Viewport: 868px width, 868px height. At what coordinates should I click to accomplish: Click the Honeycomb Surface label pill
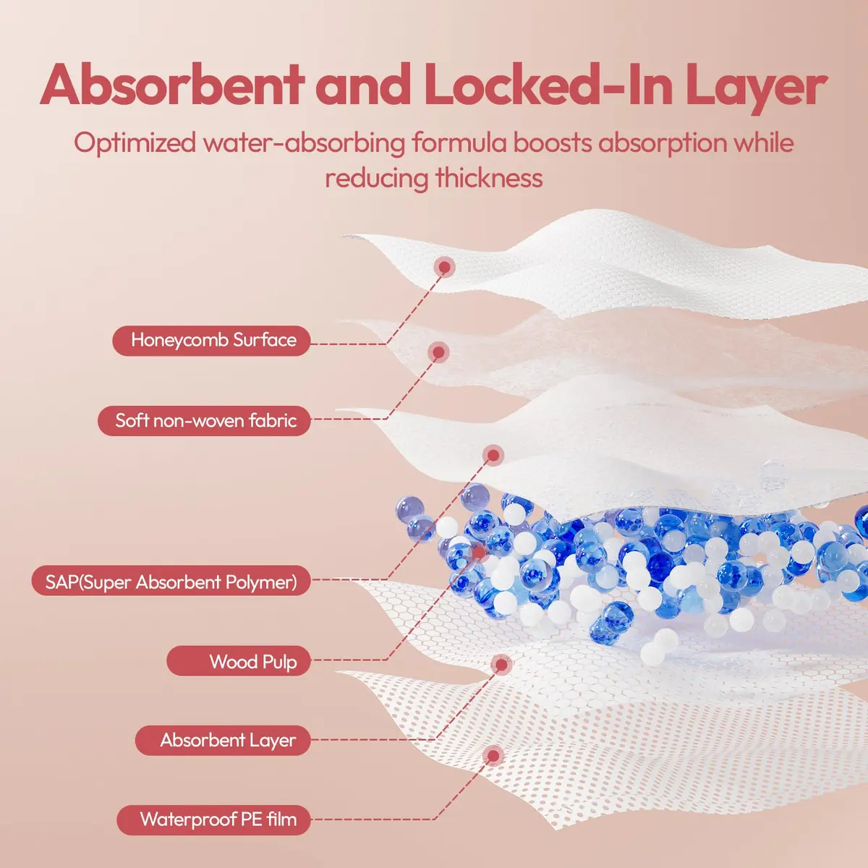click(211, 341)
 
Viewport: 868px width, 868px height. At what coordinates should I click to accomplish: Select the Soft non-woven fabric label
click(204, 421)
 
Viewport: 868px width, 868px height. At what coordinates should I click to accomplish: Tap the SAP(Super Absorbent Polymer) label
click(171, 581)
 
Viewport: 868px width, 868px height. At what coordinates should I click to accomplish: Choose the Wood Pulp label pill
click(239, 660)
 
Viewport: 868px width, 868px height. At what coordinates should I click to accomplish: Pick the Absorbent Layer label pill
click(223, 740)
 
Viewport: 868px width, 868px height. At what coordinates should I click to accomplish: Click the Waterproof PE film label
click(213, 820)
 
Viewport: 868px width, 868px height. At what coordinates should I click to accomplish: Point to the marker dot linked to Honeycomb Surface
click(445, 267)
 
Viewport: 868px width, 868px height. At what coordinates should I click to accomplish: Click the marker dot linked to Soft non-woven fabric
click(439, 352)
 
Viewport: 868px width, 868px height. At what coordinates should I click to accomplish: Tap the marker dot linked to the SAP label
click(493, 456)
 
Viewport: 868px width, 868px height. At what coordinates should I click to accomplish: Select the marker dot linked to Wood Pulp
click(479, 552)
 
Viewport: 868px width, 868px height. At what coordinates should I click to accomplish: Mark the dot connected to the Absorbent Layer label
click(501, 665)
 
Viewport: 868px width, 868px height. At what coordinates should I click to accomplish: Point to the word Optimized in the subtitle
click(135, 144)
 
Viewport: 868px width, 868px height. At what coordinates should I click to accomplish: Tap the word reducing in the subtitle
click(377, 179)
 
